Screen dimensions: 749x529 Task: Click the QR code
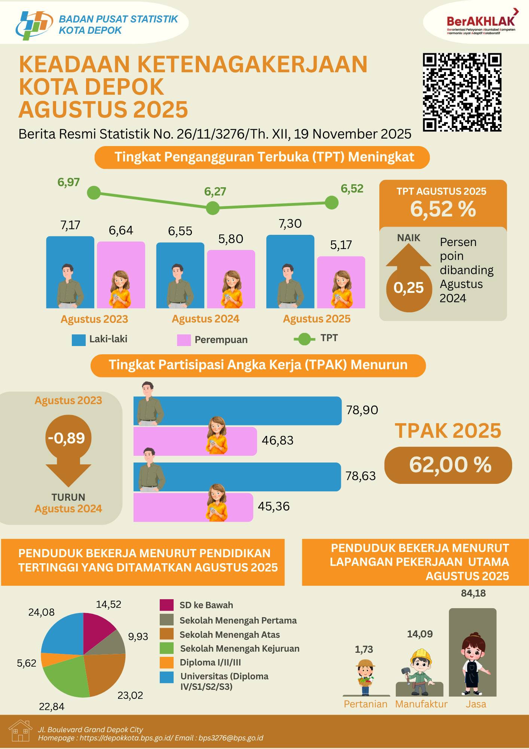(462, 92)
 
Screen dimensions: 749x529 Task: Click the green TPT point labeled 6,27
(213, 207)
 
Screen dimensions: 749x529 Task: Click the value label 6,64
(121, 230)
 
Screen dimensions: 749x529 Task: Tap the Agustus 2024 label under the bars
(205, 319)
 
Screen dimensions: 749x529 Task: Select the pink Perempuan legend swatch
(184, 340)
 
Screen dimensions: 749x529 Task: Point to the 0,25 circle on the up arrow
(409, 288)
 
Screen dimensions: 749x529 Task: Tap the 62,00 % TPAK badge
(448, 465)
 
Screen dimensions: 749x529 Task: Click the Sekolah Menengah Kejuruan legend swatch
(166, 649)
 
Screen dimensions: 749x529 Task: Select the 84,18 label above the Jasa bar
(473, 593)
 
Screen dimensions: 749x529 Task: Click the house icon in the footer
(20, 731)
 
